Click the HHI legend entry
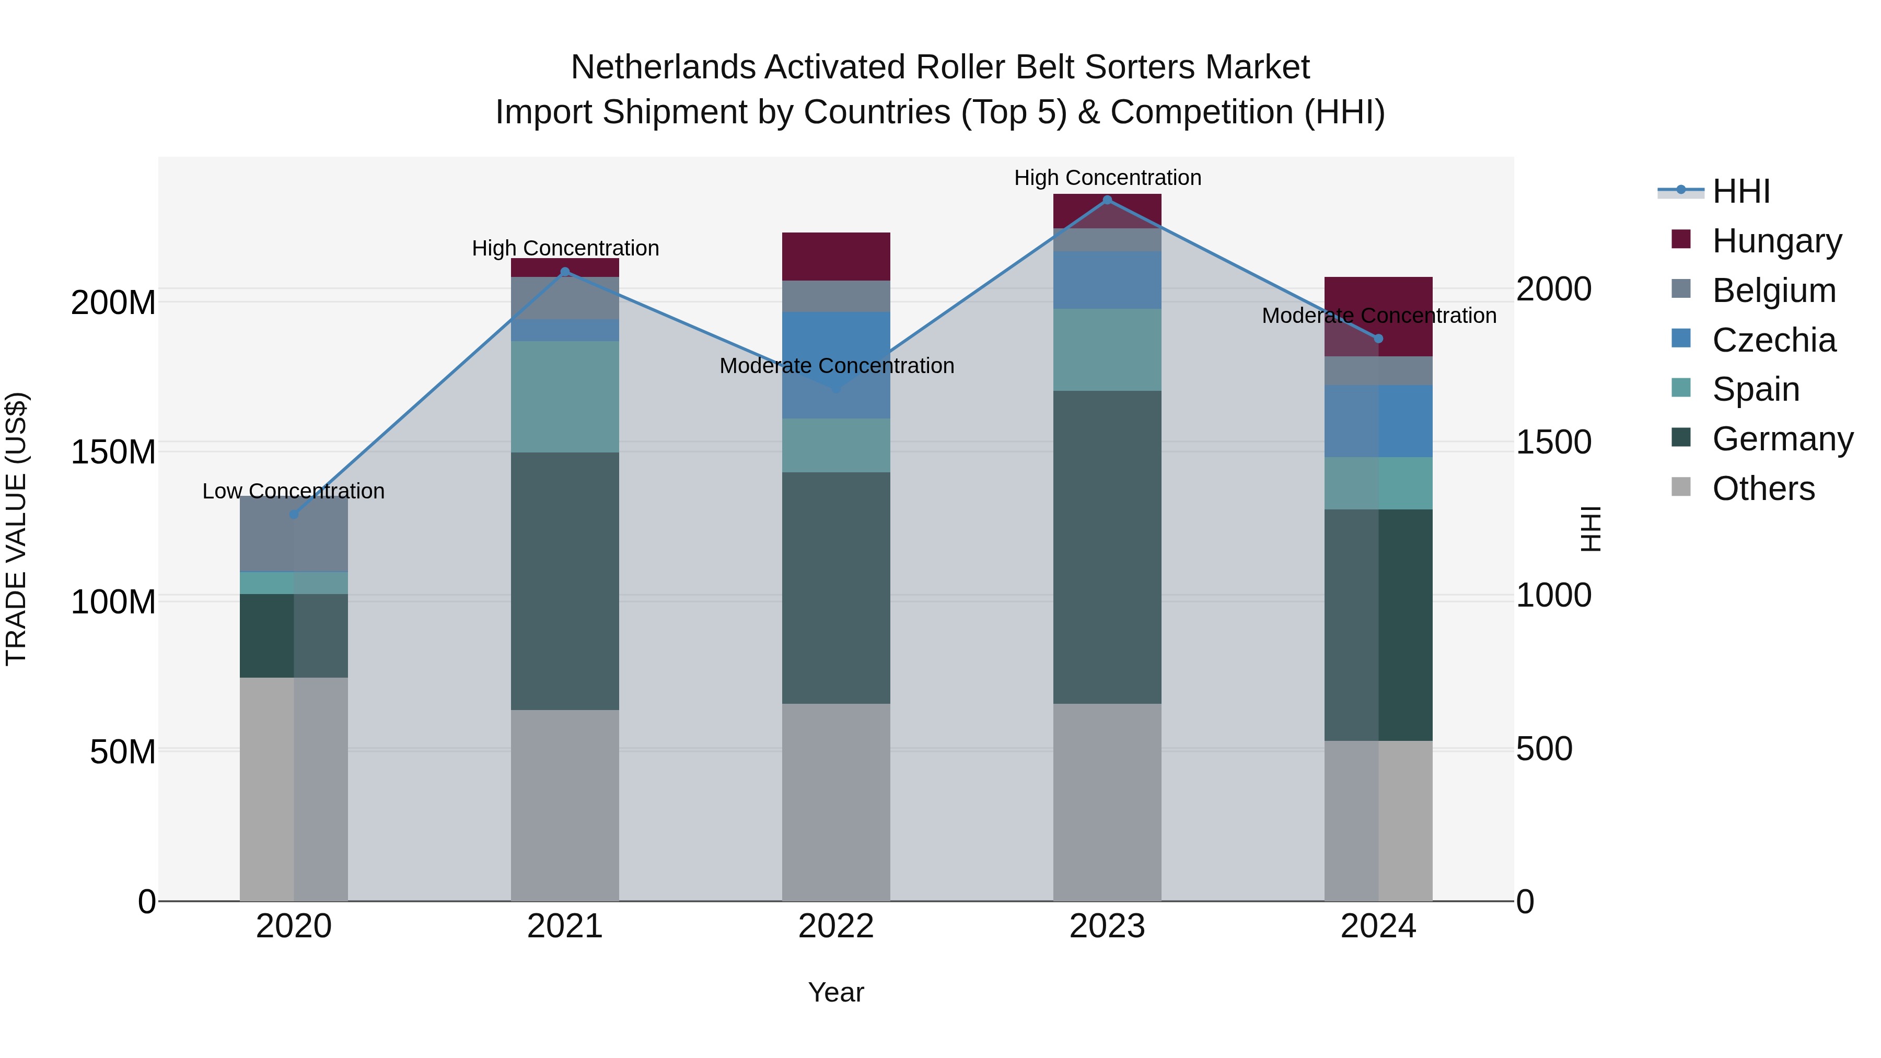pos(1741,191)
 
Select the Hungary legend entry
pos(1776,241)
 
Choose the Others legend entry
pos(1763,489)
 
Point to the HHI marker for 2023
pos(1107,200)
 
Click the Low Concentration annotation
pos(294,492)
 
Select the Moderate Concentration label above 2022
pos(837,366)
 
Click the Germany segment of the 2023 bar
pos(1107,547)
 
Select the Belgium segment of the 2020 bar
pos(294,534)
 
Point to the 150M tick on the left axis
pos(113,452)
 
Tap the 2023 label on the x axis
pos(1107,926)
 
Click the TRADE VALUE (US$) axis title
pos(16,529)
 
